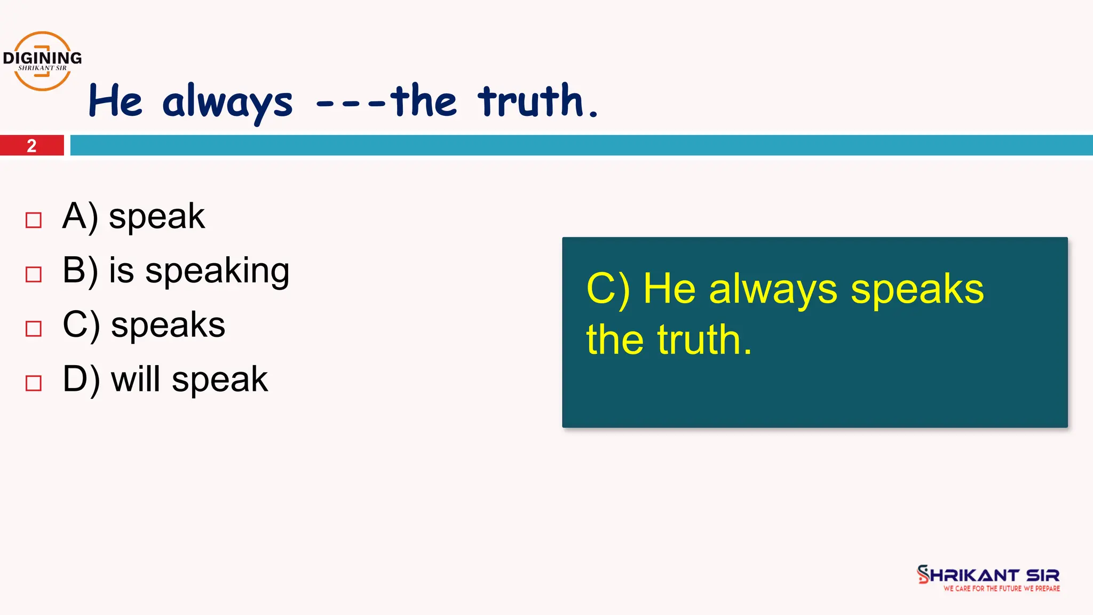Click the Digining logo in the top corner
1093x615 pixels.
[x=42, y=61]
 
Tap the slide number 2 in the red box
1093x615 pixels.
[x=31, y=146]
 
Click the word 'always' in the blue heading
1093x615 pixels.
[x=227, y=102]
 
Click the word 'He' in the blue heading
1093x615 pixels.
[x=115, y=101]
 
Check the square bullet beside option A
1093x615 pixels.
[x=34, y=220]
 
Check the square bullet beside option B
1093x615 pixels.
[x=34, y=274]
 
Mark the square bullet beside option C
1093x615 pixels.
[x=34, y=328]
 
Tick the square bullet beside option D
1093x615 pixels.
[x=34, y=383]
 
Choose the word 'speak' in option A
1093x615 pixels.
[x=156, y=217]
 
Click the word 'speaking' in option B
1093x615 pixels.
[x=217, y=271]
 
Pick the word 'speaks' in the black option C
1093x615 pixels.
[x=168, y=325]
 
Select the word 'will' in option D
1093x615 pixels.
[x=136, y=380]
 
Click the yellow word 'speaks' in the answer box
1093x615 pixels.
[x=917, y=290]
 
